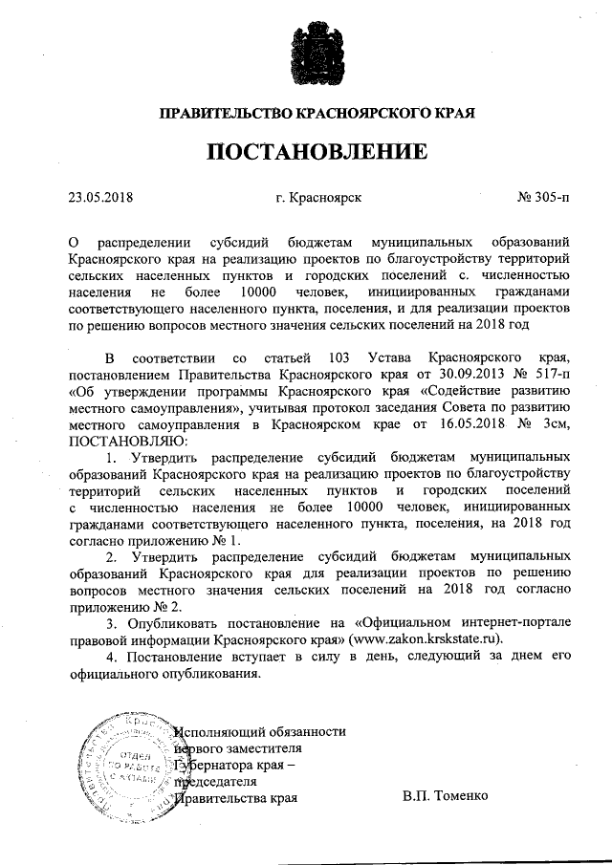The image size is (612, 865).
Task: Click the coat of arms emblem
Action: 305,58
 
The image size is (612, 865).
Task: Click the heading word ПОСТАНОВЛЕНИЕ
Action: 305,152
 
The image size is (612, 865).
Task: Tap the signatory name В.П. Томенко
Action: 446,796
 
